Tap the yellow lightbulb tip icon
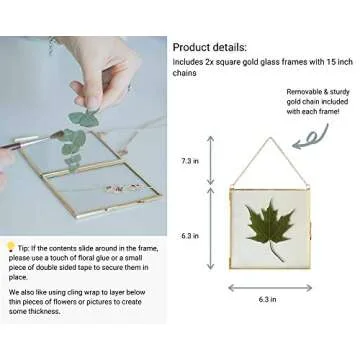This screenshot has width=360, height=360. (x=11, y=247)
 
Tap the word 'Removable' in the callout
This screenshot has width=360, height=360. (x=277, y=90)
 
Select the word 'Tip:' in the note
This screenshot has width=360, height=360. (x=25, y=246)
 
